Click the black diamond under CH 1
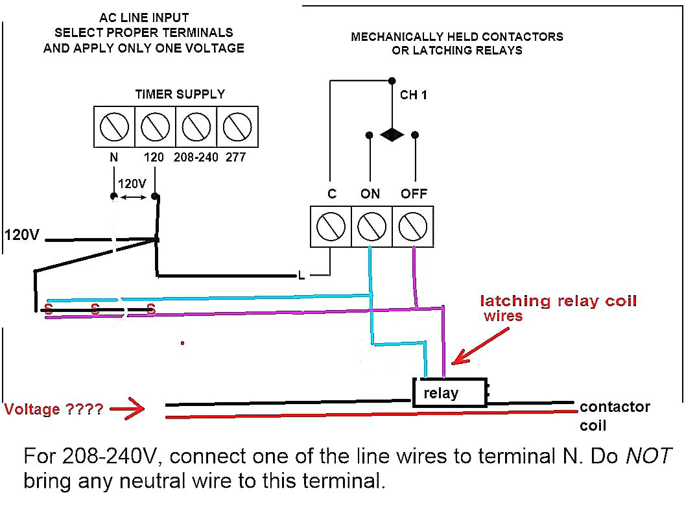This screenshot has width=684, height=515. pyautogui.click(x=392, y=135)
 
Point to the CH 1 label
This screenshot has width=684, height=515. pyautogui.click(x=414, y=95)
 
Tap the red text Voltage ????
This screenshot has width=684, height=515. pyautogui.click(x=53, y=410)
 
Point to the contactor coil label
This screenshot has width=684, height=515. pyautogui.click(x=614, y=416)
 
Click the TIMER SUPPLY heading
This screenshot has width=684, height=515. pyautogui.click(x=180, y=94)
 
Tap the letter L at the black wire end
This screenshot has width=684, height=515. pyautogui.click(x=301, y=276)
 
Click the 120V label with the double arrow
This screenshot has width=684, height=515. pyautogui.click(x=133, y=184)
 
